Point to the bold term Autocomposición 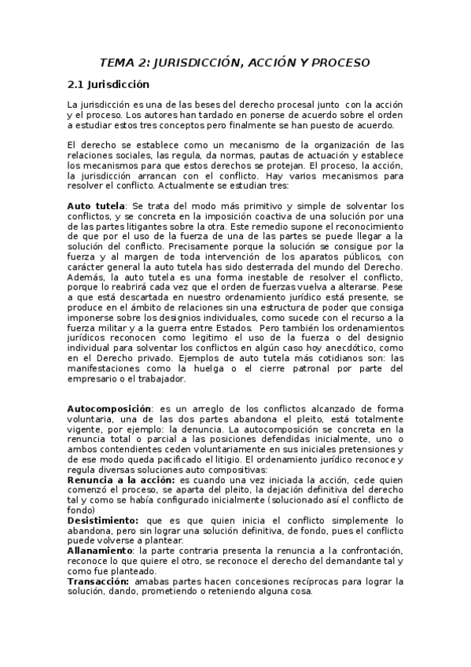click(x=109, y=409)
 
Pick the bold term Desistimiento click(x=103, y=521)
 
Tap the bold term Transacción click(x=98, y=582)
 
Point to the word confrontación click(x=359, y=551)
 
